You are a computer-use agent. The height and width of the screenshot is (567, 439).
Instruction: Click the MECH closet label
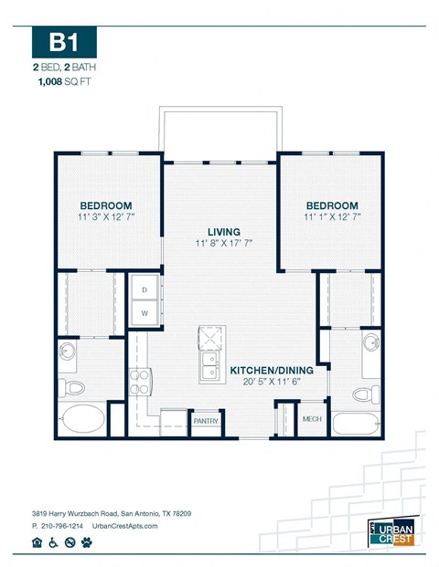click(x=312, y=419)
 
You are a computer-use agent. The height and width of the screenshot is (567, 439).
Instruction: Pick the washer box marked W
click(x=145, y=312)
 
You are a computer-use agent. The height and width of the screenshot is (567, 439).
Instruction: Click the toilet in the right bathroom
click(x=364, y=395)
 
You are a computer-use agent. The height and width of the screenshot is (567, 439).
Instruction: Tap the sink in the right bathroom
click(x=370, y=344)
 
